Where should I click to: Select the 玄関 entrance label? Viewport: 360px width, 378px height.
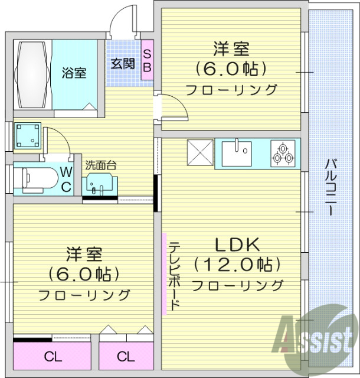coord(122,63)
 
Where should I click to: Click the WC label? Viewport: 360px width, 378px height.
coord(66,179)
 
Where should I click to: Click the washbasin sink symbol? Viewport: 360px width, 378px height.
coord(97,185)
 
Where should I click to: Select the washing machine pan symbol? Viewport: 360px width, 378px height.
coord(27,136)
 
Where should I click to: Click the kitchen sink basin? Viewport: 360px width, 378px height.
coord(236,154)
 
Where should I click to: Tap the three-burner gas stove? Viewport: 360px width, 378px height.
coord(282,154)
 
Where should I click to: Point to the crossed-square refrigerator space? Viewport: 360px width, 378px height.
coord(199,154)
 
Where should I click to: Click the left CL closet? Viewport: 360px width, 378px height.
coord(52,356)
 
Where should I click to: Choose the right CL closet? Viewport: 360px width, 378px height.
coord(125,356)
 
